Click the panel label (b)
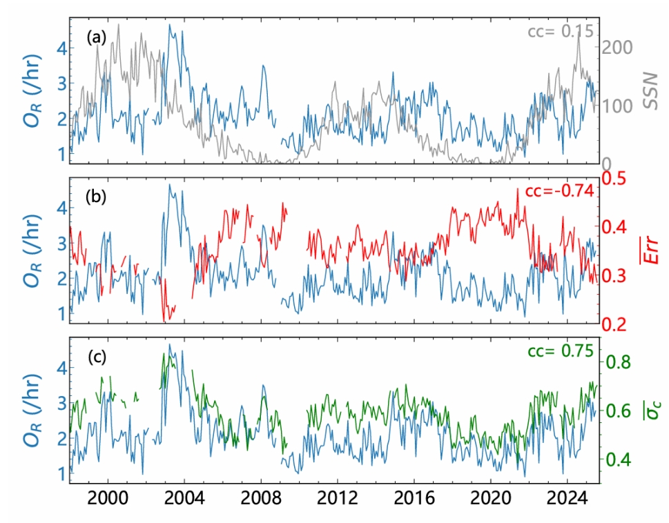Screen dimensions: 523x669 click(x=96, y=197)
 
